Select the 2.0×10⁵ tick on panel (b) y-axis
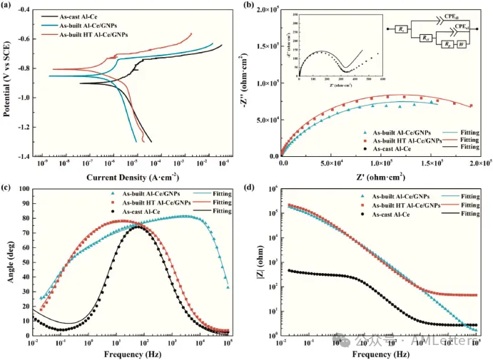[265, 11]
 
